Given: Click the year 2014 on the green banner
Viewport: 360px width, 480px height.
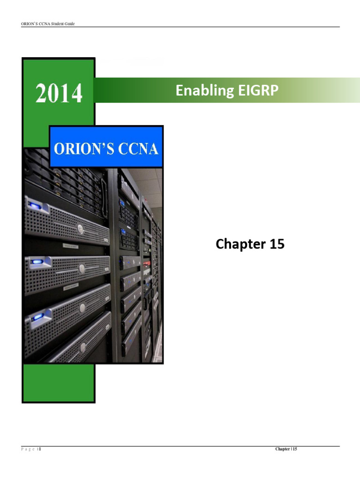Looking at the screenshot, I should [x=59, y=93].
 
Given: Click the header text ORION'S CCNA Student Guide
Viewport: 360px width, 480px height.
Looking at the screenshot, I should [x=48, y=23].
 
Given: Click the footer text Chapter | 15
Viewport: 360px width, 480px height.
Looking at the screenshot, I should [x=286, y=449].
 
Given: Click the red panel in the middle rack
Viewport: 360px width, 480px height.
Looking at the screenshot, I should [x=146, y=264].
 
